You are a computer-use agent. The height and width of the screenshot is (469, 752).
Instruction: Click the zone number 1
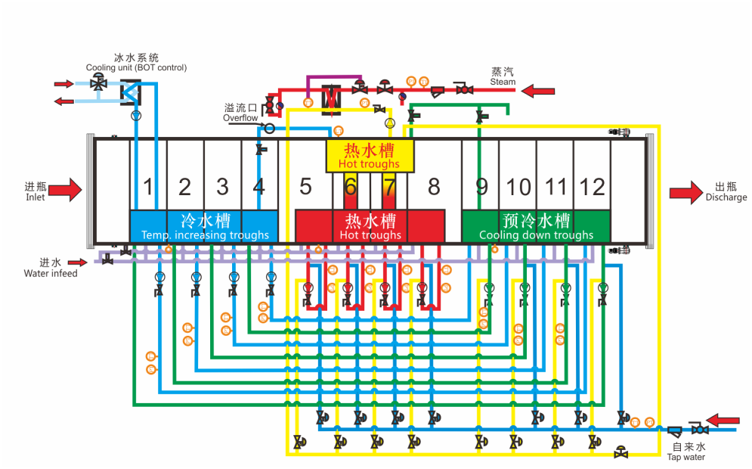tap(149, 186)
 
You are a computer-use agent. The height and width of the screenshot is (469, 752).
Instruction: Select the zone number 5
tap(305, 186)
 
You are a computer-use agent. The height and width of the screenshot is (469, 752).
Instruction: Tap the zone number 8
tap(433, 186)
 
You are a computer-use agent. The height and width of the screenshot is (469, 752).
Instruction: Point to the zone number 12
tap(593, 186)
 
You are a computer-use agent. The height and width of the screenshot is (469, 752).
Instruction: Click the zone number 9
tap(481, 186)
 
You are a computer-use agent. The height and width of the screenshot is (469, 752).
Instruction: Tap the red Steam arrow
tap(539, 91)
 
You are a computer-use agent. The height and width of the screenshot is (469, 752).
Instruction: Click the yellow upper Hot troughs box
tap(370, 156)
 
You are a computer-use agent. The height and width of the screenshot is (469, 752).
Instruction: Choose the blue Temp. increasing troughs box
tap(205, 226)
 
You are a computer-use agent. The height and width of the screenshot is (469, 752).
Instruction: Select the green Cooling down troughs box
tap(536, 226)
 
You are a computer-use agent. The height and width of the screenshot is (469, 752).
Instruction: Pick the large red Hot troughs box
tap(370, 226)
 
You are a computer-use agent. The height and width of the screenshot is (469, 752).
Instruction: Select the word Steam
tap(503, 82)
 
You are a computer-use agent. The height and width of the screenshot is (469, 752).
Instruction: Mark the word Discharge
tap(726, 197)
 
